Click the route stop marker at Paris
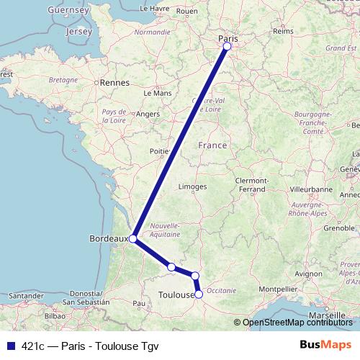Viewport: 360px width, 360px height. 227,46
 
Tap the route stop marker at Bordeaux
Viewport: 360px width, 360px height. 132,238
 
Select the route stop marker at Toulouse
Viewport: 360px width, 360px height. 199,294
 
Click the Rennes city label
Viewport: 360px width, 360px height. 114,83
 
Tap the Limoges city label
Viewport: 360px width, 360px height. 193,186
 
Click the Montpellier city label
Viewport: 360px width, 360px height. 277,289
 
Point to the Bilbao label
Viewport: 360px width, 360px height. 55,315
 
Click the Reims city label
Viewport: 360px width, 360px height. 284,32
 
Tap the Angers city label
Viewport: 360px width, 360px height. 148,114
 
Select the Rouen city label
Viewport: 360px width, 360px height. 186,12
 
